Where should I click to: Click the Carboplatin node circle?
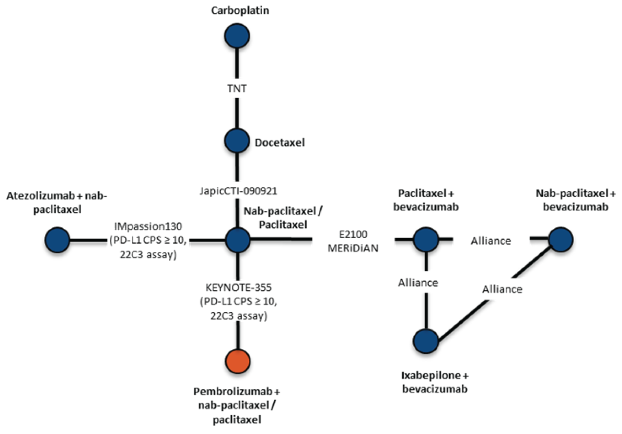pyautogui.click(x=237, y=36)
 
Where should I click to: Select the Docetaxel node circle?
pyautogui.click(x=237, y=140)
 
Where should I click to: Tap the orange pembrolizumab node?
pyautogui.click(x=238, y=361)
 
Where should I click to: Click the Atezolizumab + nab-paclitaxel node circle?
pyautogui.click(x=57, y=240)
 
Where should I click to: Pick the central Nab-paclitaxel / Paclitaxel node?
pyautogui.click(x=238, y=240)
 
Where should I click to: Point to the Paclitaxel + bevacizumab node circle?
pyautogui.click(x=426, y=239)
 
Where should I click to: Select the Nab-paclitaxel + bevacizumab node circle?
pyautogui.click(x=561, y=239)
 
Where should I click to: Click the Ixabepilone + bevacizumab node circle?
pyautogui.click(x=426, y=341)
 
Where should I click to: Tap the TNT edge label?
pyautogui.click(x=237, y=88)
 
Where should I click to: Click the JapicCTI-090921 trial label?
pyautogui.click(x=238, y=191)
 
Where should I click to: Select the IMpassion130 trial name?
pyautogui.click(x=148, y=226)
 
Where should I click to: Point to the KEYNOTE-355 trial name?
pyautogui.click(x=238, y=287)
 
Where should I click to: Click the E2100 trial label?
pyautogui.click(x=353, y=235)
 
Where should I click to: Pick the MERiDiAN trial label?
pyautogui.click(x=353, y=248)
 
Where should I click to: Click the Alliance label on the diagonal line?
pyautogui.click(x=502, y=289)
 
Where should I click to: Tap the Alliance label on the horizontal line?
pyautogui.click(x=491, y=241)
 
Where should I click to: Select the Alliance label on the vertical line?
pyautogui.click(x=418, y=283)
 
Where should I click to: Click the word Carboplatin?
pyautogui.click(x=240, y=10)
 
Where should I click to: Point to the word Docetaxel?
pyautogui.click(x=280, y=142)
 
